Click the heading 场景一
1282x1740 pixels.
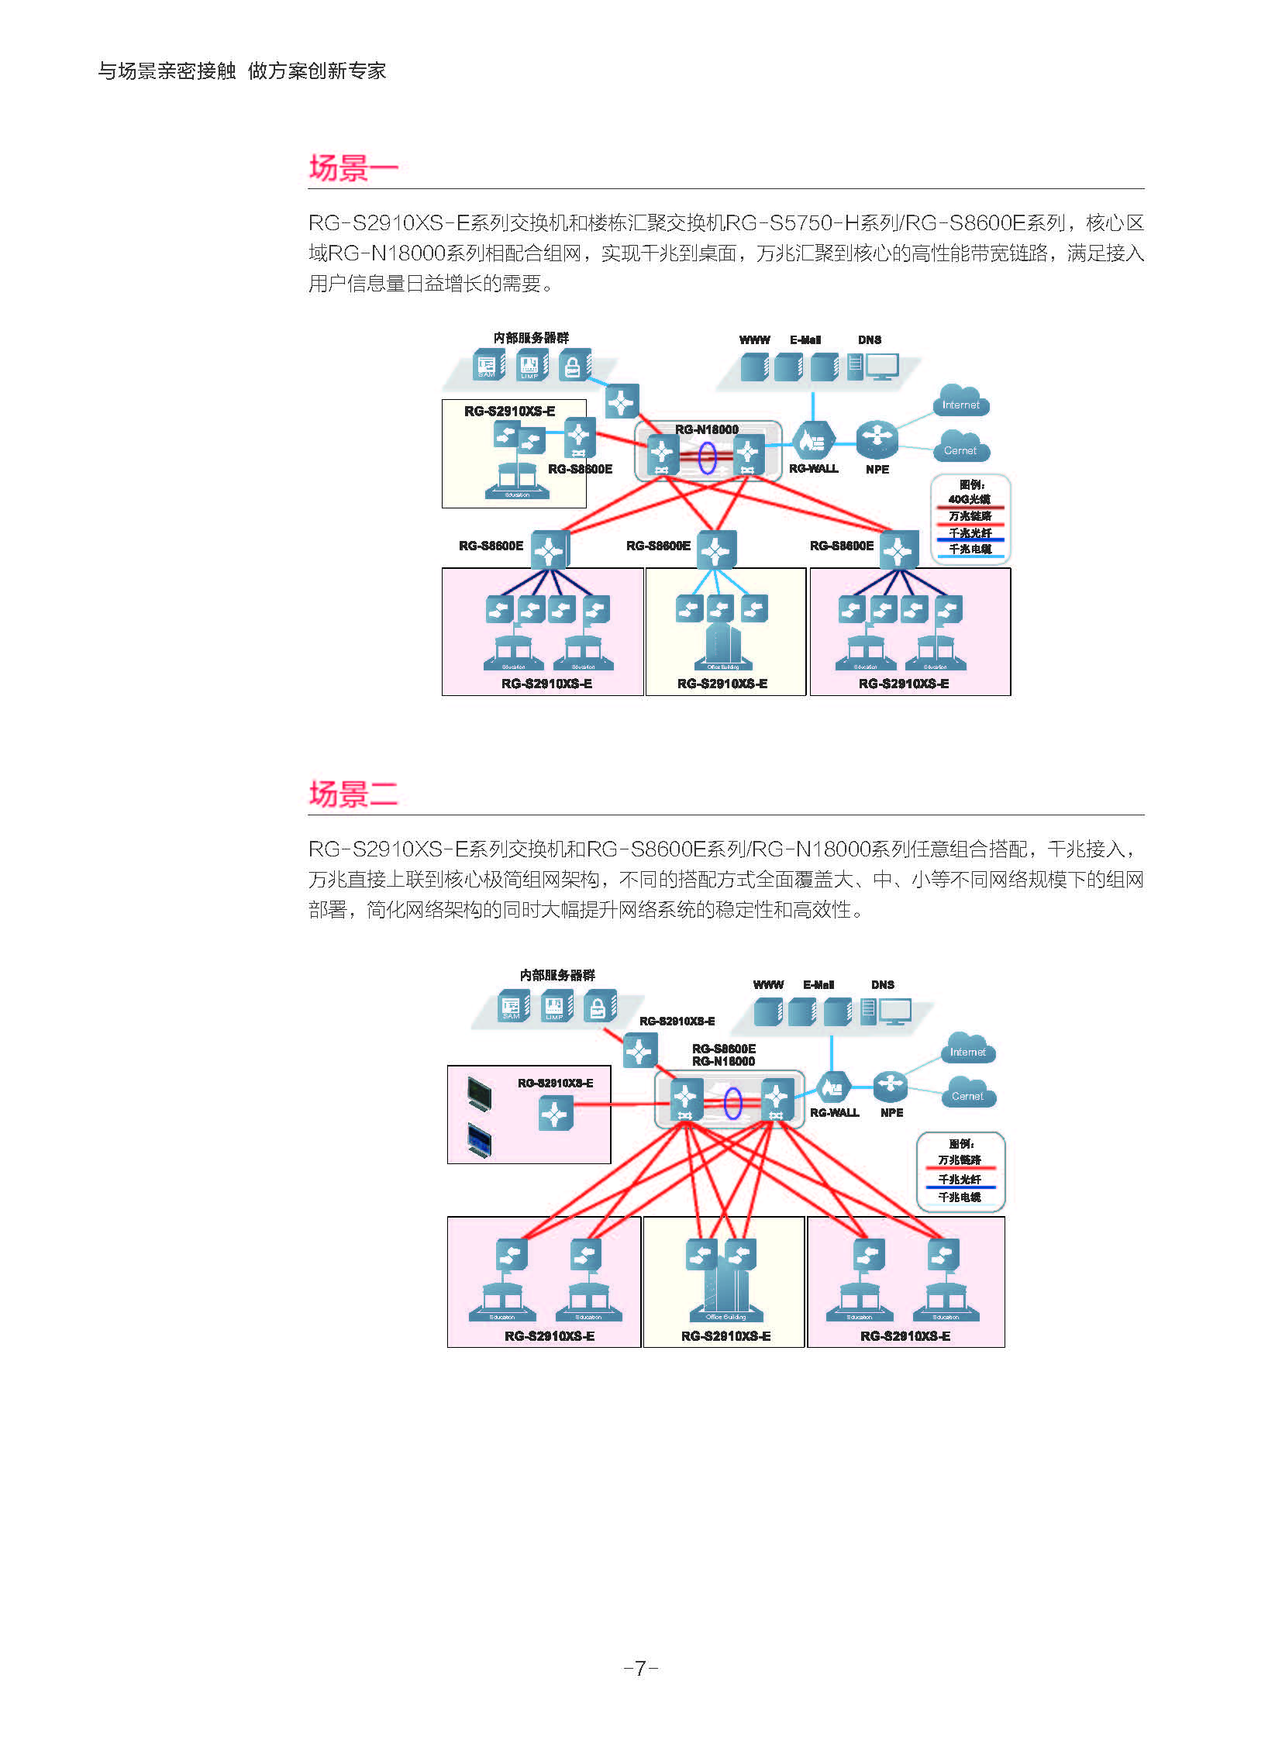pyautogui.click(x=353, y=167)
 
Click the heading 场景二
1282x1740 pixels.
pyautogui.click(x=353, y=794)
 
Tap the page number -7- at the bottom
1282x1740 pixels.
pyautogui.click(x=641, y=1668)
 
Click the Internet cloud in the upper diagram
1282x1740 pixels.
pyautogui.click(x=960, y=402)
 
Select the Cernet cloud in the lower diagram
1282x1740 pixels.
pyautogui.click(x=967, y=1094)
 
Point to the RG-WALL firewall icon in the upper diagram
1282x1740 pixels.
pyautogui.click(x=812, y=440)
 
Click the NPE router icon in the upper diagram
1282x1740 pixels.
pyautogui.click(x=877, y=439)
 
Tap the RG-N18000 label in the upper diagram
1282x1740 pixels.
pyautogui.click(x=706, y=429)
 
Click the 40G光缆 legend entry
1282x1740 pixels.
pyautogui.click(x=970, y=499)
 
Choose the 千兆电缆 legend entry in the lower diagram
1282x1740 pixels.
pyautogui.click(x=960, y=1197)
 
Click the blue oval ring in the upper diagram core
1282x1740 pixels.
pyautogui.click(x=706, y=457)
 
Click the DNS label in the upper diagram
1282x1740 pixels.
pyautogui.click(x=869, y=340)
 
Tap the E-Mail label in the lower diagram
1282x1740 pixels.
pyautogui.click(x=818, y=985)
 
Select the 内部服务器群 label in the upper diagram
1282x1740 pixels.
pyautogui.click(x=531, y=338)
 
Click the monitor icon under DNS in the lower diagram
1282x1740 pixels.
pyautogui.click(x=895, y=1011)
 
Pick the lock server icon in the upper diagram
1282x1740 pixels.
pyautogui.click(x=574, y=367)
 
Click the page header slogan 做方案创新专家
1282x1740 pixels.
pyautogui.click(x=316, y=71)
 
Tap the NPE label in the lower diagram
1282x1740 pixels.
pyautogui.click(x=891, y=1113)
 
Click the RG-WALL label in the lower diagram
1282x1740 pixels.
pyautogui.click(x=834, y=1113)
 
